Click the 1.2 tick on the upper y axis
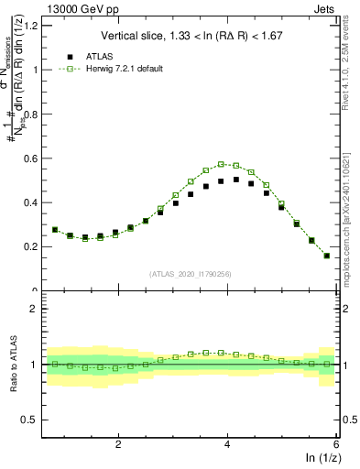36,26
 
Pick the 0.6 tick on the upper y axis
36,158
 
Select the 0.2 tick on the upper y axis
36,246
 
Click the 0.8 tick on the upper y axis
36,114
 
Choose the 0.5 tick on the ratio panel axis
36,420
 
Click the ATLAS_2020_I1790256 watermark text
191,274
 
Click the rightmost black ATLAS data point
327,256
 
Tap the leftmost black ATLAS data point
55,230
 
